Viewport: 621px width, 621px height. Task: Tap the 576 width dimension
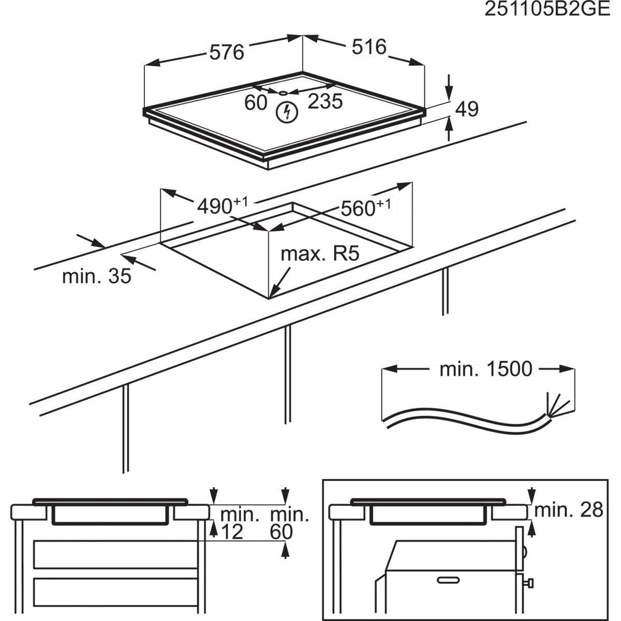(227, 52)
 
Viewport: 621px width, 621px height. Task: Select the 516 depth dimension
(369, 47)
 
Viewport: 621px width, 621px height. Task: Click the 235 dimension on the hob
(325, 101)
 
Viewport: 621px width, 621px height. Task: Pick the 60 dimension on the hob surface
(256, 102)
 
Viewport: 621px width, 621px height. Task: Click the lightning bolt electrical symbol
(287, 113)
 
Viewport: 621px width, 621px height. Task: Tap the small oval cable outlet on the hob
(284, 93)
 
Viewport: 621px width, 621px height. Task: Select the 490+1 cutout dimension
(223, 205)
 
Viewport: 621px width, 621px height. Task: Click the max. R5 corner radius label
(320, 254)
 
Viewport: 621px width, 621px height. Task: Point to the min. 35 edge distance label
(97, 276)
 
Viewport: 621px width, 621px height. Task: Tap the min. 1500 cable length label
(486, 369)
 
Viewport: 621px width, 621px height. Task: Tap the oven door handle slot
(448, 580)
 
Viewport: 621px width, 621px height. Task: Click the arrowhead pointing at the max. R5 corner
(273, 290)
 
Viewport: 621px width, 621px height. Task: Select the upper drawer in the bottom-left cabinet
(115, 555)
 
